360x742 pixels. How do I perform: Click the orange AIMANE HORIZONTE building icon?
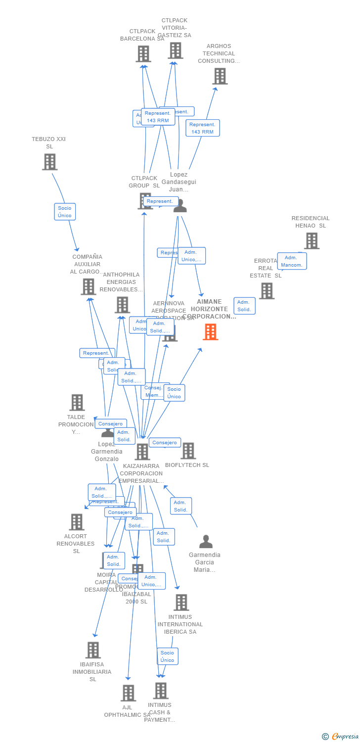point(210,332)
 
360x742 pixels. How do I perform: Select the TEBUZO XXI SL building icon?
point(49,162)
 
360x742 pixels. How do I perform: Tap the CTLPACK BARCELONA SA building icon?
point(143,54)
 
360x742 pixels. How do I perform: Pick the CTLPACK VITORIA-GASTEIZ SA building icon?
point(175,50)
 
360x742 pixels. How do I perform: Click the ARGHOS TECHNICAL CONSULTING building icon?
point(220,76)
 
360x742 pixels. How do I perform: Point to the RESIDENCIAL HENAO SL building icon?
point(311,241)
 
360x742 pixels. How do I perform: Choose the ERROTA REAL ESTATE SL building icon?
point(266,291)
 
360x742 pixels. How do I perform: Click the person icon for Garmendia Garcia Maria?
point(206,542)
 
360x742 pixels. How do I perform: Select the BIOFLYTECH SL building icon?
point(187,451)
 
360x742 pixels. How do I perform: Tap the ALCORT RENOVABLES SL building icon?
point(76,522)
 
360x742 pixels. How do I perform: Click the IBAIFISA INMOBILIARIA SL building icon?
point(92,650)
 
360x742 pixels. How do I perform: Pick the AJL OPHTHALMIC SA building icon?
point(128,693)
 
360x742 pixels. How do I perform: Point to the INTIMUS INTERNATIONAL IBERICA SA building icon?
point(181,603)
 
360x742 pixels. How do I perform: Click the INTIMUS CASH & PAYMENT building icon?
point(160,691)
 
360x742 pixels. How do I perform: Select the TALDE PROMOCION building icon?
point(77,403)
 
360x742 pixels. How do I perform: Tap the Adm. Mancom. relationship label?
point(292,261)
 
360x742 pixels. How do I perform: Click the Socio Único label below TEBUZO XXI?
point(64,212)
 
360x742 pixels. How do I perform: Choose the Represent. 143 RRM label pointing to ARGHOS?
point(202,128)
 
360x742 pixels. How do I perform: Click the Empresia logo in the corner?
point(341,737)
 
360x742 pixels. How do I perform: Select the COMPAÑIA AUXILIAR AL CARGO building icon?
point(88,286)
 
